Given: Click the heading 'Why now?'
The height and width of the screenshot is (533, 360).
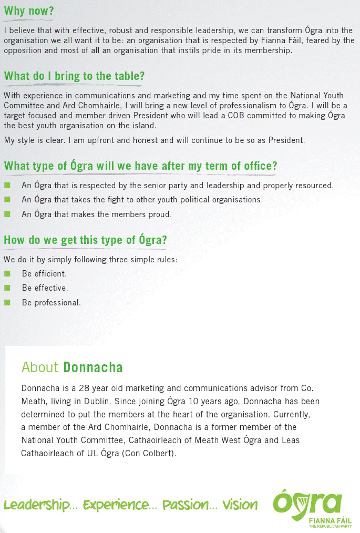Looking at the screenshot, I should pos(29,11).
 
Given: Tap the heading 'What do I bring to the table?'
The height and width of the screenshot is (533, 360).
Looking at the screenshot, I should pos(74,76).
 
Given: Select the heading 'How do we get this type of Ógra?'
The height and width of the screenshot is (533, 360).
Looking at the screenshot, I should pos(85,240).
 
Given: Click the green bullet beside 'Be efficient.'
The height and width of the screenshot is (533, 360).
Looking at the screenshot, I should pos(7,274).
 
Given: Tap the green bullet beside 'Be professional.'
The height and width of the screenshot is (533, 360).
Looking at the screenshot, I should pos(7,302).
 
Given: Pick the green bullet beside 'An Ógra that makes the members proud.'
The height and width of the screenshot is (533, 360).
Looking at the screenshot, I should pos(7,214).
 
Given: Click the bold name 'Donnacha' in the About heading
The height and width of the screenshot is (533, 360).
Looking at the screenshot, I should pos(93,367).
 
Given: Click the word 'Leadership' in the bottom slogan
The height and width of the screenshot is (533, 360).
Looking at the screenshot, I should pos(37,505).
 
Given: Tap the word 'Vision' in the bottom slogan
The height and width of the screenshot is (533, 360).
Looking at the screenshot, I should pos(240,505).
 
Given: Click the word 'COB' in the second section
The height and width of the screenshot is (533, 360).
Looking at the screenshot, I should pos(237,116).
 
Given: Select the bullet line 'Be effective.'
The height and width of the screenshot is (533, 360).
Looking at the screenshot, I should pos(45,288).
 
